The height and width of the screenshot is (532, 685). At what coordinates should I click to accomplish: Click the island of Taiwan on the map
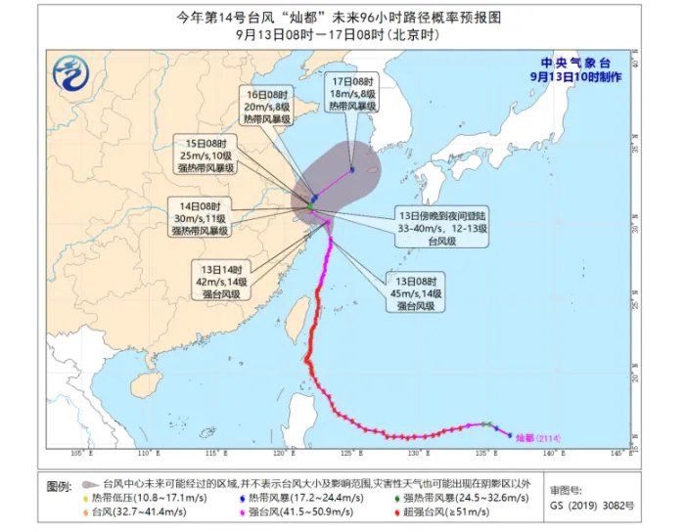[x=295, y=313]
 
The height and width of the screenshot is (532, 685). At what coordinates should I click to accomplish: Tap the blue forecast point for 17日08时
[x=352, y=170]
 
